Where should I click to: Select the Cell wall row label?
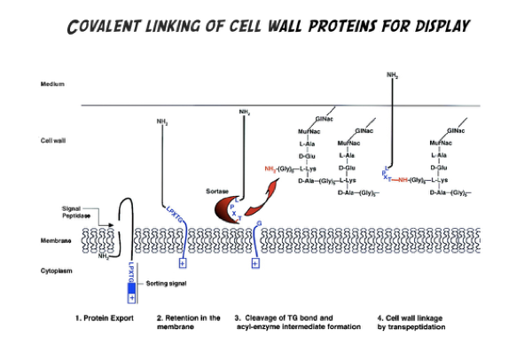pos(55,140)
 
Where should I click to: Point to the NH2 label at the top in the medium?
pos(392,75)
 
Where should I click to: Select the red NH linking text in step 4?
pos(404,178)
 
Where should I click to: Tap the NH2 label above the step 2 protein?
pos(161,120)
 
